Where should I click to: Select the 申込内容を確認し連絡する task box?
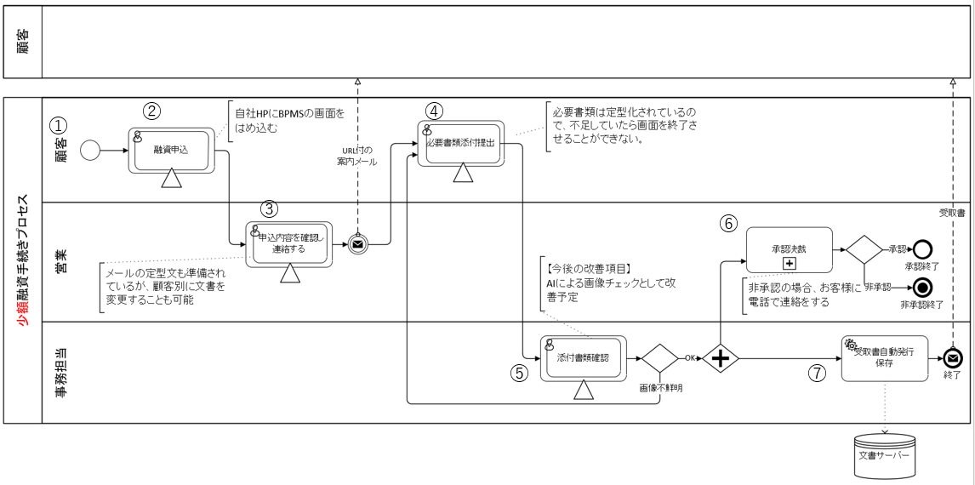click(288, 244)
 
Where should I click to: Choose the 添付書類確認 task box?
click(583, 358)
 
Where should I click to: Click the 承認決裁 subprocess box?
click(788, 249)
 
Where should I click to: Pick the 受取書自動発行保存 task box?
click(884, 358)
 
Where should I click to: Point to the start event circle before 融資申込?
click(89, 151)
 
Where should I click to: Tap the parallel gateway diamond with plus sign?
click(721, 358)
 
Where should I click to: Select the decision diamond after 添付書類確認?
click(659, 358)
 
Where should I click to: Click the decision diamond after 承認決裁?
click(864, 249)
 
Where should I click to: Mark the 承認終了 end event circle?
click(921, 249)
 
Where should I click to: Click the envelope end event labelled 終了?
click(954, 358)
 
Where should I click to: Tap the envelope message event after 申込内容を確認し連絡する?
click(358, 244)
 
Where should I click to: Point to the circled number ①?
click(57, 124)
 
